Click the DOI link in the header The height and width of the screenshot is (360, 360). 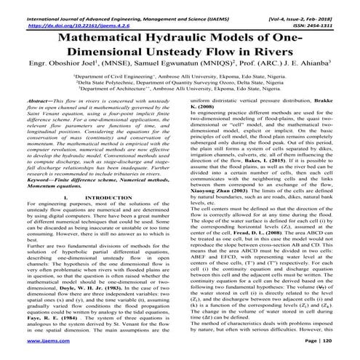pos(66,15)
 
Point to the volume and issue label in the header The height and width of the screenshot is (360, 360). pos(312,6)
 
